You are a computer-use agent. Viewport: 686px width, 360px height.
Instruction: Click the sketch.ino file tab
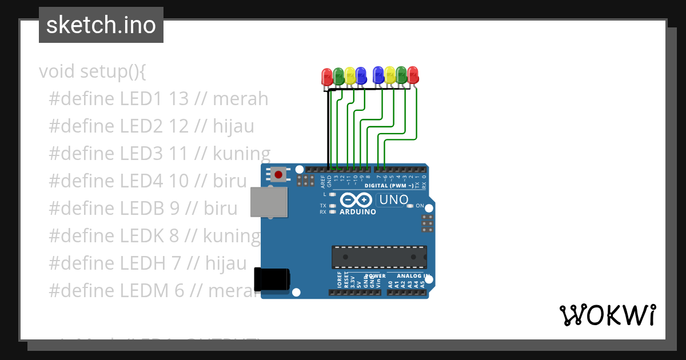(x=101, y=25)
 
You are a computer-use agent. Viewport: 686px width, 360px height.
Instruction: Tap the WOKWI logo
(x=607, y=315)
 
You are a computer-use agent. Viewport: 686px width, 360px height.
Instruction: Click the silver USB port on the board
(x=269, y=202)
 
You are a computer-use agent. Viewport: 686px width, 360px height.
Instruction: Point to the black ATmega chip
(x=379, y=257)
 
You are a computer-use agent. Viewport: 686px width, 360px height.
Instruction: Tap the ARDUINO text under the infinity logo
(x=358, y=212)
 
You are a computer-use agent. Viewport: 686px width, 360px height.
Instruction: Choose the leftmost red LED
(x=327, y=77)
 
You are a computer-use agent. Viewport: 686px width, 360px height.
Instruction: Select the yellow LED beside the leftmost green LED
(x=350, y=77)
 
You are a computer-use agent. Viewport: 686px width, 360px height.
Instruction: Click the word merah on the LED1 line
(x=240, y=99)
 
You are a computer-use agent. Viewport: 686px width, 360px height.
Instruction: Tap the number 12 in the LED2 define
(x=179, y=126)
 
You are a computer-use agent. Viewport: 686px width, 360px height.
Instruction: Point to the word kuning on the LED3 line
(x=241, y=154)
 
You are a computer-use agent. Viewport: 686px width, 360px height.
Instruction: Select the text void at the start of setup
(x=57, y=72)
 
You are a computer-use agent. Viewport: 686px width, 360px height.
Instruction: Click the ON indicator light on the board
(x=409, y=206)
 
